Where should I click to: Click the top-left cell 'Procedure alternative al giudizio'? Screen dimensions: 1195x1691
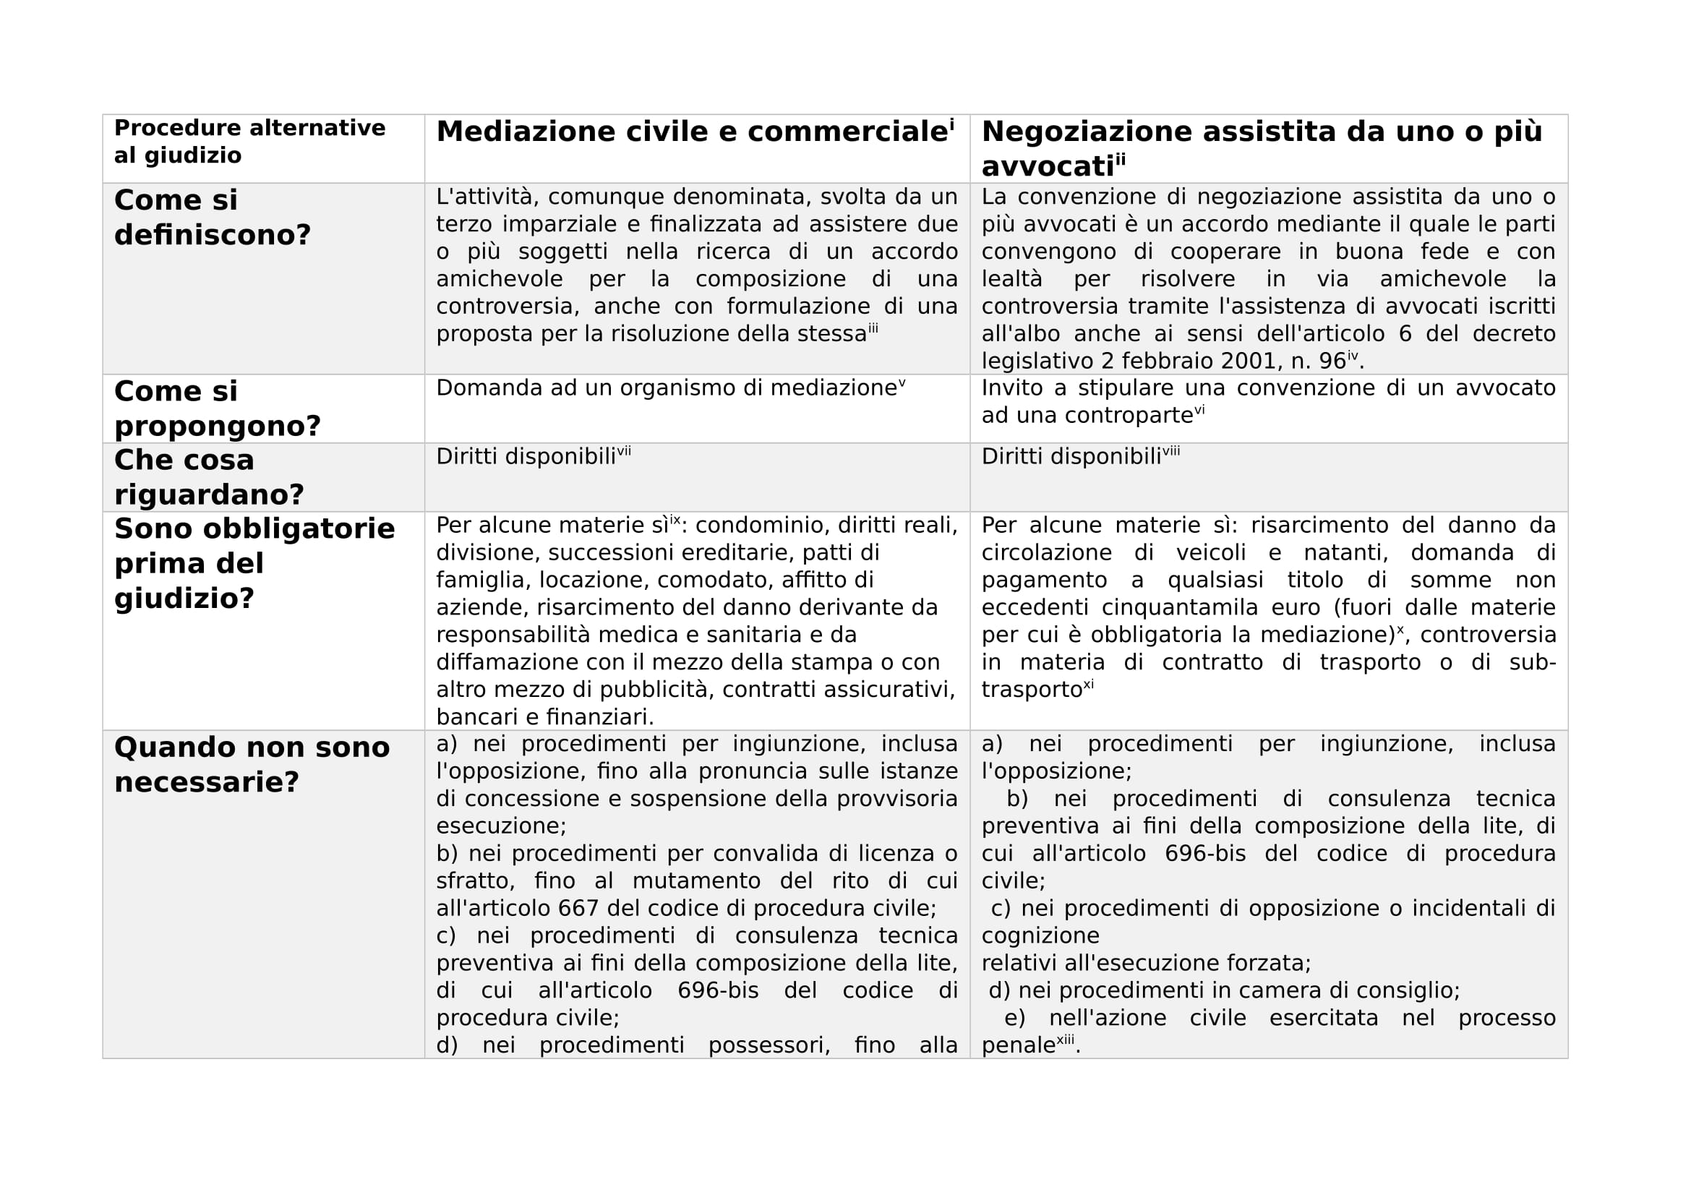249,142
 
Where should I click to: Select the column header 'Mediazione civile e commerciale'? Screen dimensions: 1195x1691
691,132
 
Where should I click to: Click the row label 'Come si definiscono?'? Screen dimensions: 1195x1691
212,217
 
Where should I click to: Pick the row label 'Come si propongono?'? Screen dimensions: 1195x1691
218,408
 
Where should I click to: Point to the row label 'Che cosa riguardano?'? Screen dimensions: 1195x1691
208,476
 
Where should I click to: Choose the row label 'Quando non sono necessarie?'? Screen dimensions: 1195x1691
251,764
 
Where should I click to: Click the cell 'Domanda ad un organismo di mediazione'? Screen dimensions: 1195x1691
666,388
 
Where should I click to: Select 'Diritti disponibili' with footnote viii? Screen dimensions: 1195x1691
1071,457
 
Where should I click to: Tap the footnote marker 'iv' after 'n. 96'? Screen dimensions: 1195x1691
1352,356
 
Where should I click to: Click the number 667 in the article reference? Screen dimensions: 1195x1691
578,908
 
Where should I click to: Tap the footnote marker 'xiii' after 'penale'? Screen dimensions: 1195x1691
1065,1040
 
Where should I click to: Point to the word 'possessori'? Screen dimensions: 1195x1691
769,1045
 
